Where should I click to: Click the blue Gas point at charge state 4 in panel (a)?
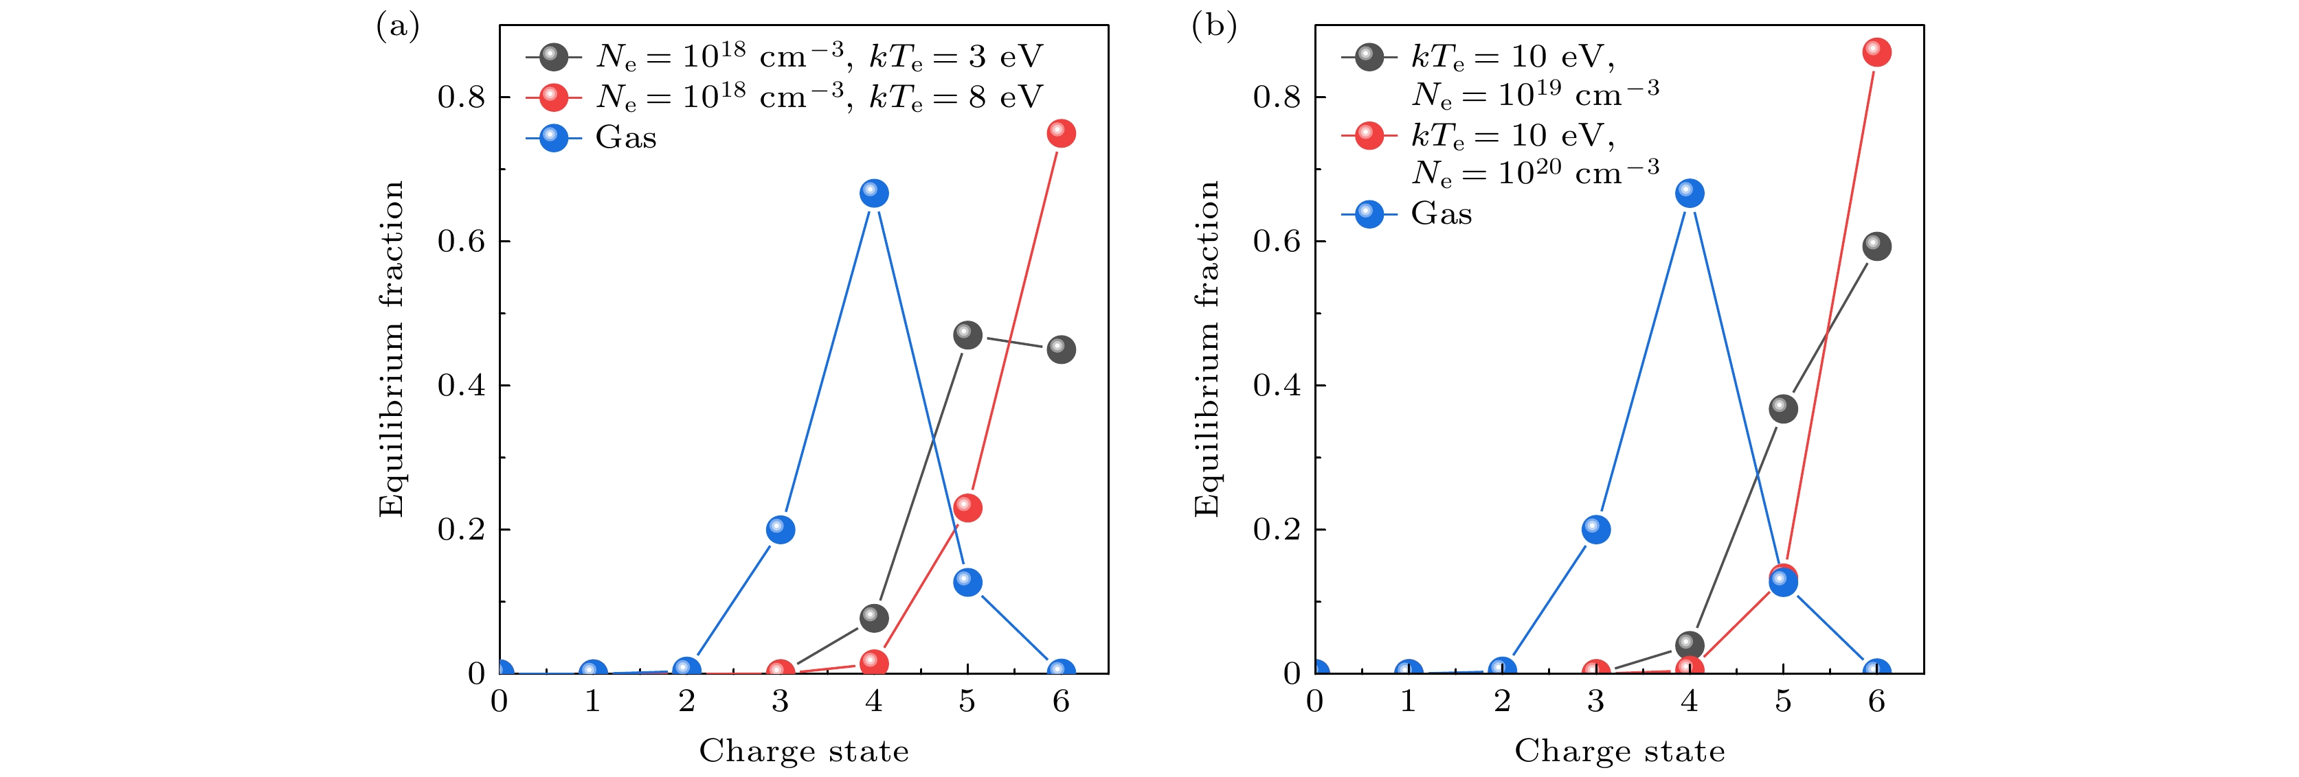pos(874,194)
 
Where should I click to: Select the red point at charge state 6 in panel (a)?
pos(1060,134)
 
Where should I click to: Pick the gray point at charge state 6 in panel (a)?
pos(1060,349)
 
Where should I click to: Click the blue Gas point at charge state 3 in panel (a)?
pos(780,530)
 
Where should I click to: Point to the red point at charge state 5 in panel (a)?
pos(967,508)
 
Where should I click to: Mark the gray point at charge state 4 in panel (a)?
pos(874,617)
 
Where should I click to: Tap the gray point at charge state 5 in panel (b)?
pos(1782,408)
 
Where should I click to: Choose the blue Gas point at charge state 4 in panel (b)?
pos(1690,194)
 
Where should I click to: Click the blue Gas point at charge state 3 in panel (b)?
pos(1595,530)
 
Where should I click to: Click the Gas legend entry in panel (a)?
pos(625,138)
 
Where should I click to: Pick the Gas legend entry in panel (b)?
pos(1440,214)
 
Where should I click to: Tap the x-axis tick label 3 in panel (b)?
pos(1595,702)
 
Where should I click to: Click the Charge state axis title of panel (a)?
pos(803,751)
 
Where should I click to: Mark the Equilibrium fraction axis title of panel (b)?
pos(1206,349)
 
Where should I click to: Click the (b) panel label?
pos(1214,27)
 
